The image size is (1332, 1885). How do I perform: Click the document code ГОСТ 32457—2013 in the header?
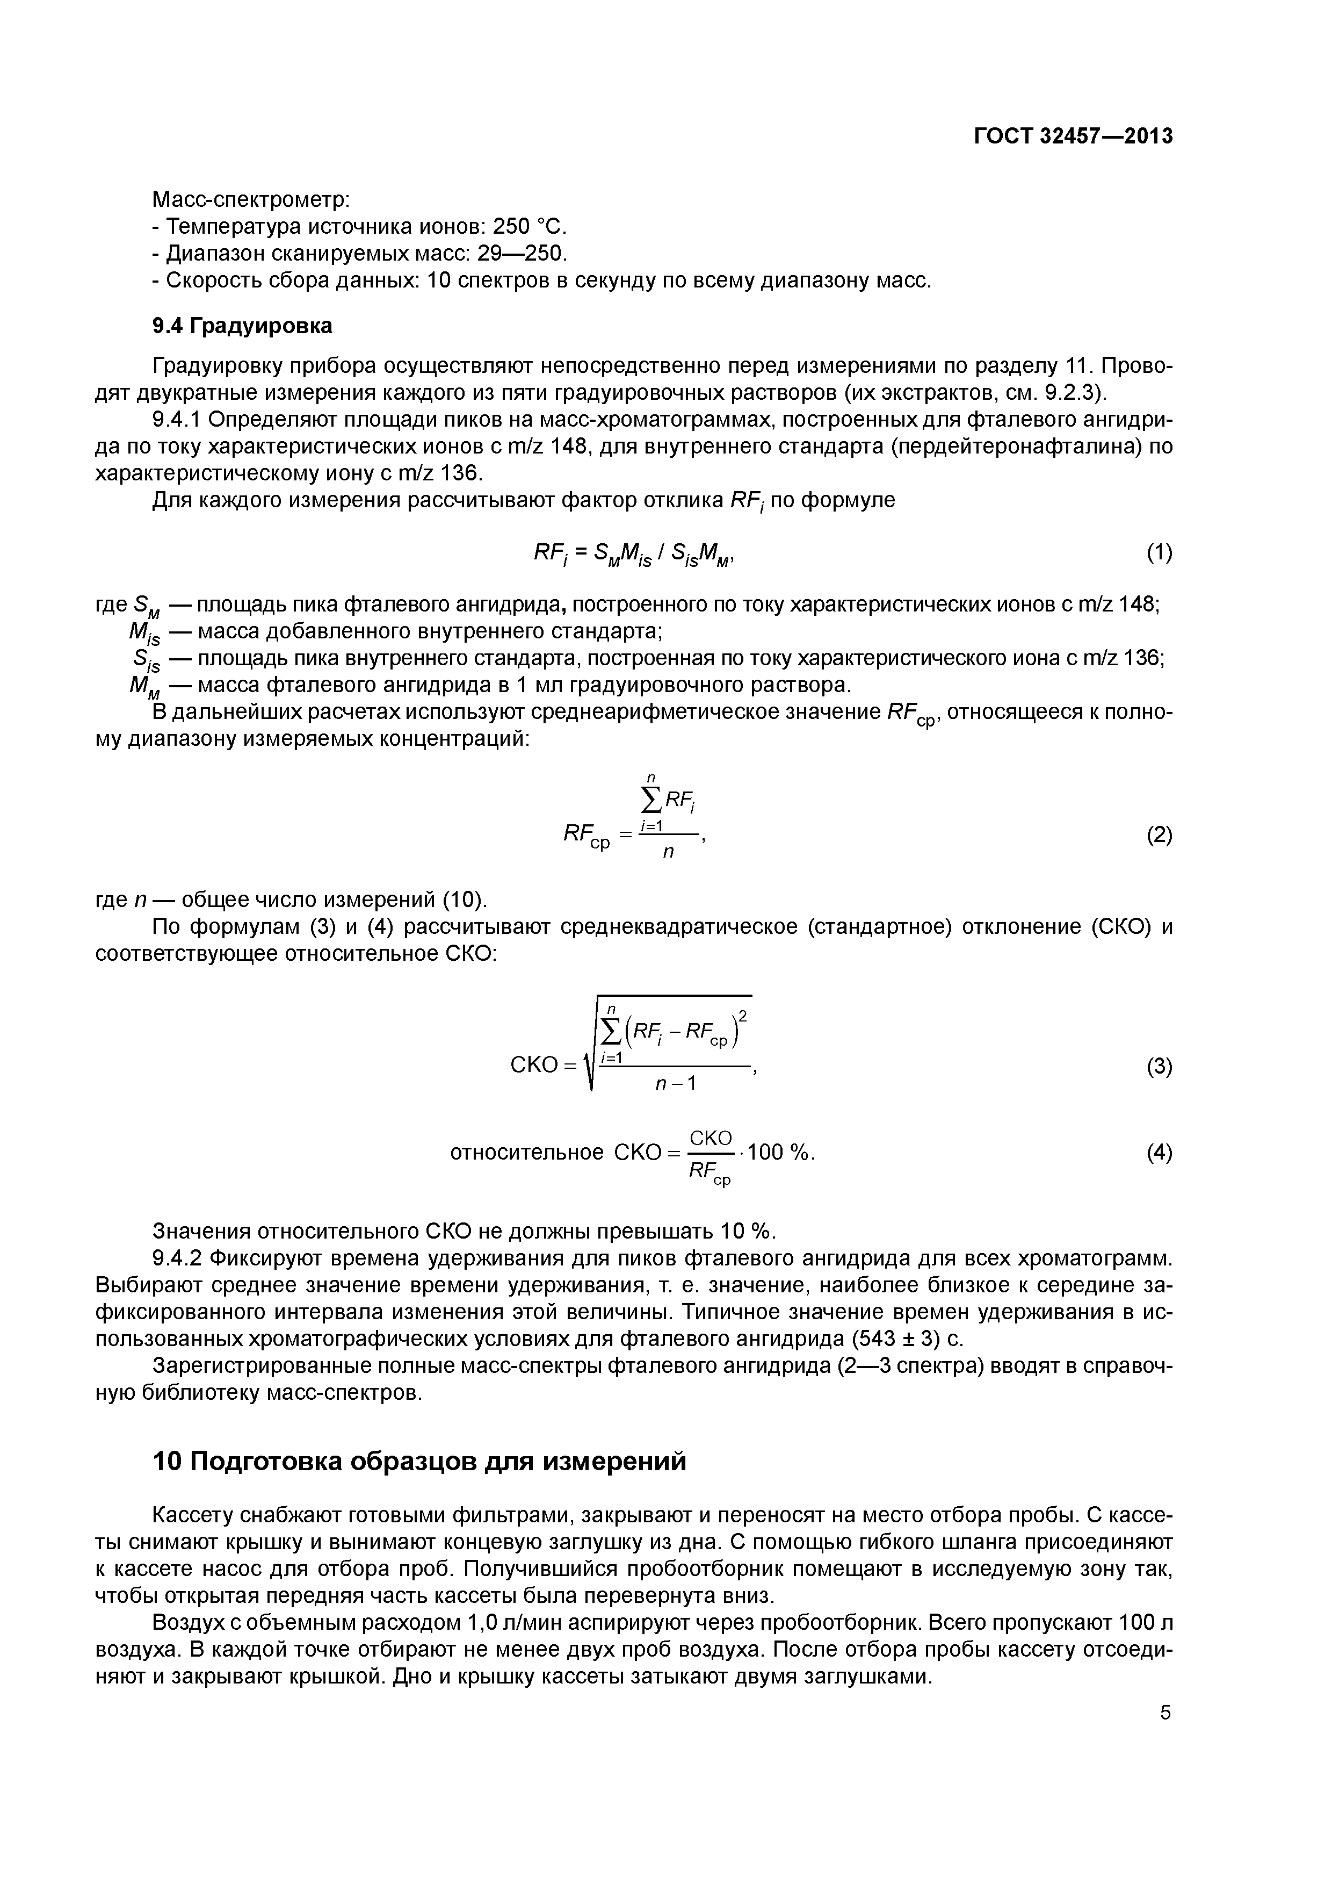point(1073,136)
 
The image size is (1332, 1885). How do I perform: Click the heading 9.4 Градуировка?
point(242,326)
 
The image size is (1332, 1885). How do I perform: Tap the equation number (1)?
point(1159,553)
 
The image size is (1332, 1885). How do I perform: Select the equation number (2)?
point(1159,836)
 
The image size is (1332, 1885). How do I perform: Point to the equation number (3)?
point(1159,1067)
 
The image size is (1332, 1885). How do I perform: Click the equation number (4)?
point(1159,1153)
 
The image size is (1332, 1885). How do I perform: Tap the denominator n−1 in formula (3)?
point(675,1084)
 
